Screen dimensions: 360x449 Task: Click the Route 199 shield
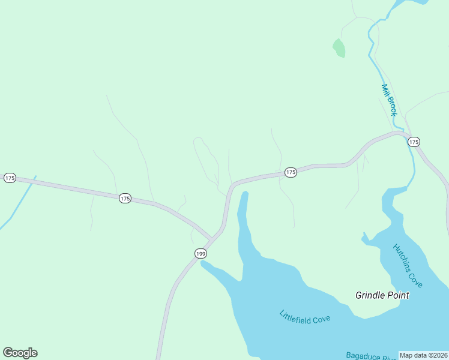pyautogui.click(x=200, y=254)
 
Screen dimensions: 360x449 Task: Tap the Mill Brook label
pyautogui.click(x=389, y=100)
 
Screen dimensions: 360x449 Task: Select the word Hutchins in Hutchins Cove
pyautogui.click(x=402, y=257)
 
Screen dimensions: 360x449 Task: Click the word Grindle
pyautogui.click(x=373, y=295)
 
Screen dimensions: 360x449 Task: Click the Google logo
pyautogui.click(x=20, y=353)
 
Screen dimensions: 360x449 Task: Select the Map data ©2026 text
pyautogui.click(x=423, y=355)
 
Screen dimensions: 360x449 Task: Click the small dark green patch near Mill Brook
pyautogui.click(x=340, y=48)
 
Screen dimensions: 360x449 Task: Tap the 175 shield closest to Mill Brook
pyautogui.click(x=413, y=142)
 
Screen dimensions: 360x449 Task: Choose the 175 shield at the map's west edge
pyautogui.click(x=9, y=178)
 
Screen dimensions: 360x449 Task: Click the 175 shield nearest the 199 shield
pyautogui.click(x=124, y=198)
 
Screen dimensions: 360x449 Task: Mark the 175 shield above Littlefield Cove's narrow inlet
pyautogui.click(x=291, y=172)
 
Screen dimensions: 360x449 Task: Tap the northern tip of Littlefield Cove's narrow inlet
pyautogui.click(x=245, y=193)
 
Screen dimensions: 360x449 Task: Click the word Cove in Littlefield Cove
pyautogui.click(x=321, y=320)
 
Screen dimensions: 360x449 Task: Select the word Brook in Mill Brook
pyautogui.click(x=392, y=107)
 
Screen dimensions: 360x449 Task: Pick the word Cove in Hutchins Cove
pyautogui.click(x=415, y=278)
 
